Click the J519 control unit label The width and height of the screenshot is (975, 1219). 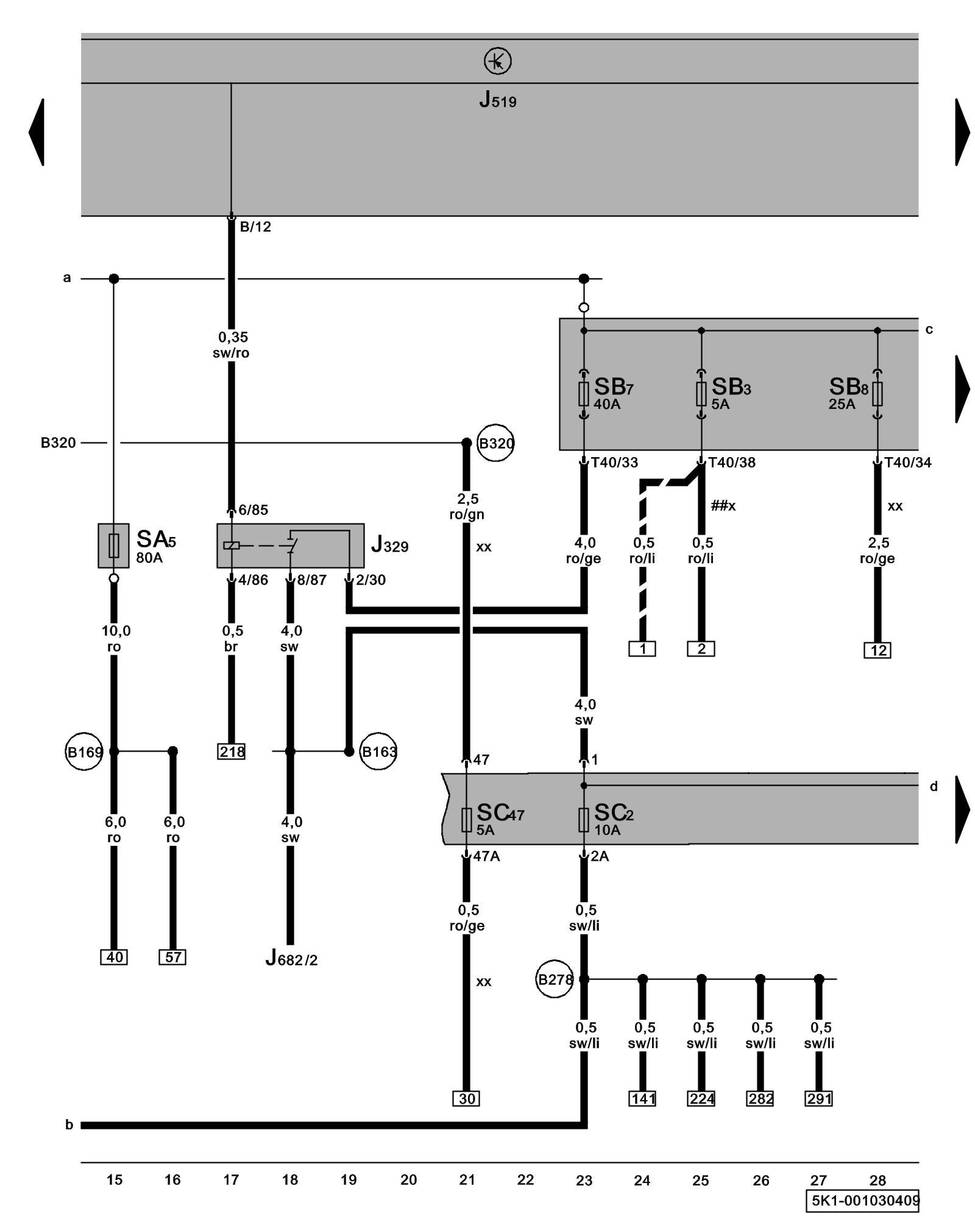(x=497, y=99)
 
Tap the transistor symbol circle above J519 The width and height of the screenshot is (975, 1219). (x=497, y=62)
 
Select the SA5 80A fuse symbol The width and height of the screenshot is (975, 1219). (x=113, y=546)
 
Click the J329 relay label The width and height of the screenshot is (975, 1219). (x=389, y=544)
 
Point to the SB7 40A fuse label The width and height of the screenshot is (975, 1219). (x=613, y=393)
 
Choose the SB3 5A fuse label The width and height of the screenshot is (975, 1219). (x=731, y=393)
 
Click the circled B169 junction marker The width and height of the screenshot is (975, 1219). (x=84, y=752)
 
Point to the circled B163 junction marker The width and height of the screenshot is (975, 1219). (x=378, y=752)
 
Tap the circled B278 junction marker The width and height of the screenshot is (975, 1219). (x=555, y=979)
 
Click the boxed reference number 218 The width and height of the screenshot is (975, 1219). (x=232, y=752)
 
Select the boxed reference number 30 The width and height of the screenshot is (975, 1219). (x=467, y=1098)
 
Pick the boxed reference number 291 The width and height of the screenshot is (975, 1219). (x=819, y=1098)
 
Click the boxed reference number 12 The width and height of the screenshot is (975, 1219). (x=877, y=650)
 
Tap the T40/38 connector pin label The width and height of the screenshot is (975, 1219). (x=731, y=463)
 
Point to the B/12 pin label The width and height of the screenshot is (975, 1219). (x=255, y=227)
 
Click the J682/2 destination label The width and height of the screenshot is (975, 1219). (x=291, y=959)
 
